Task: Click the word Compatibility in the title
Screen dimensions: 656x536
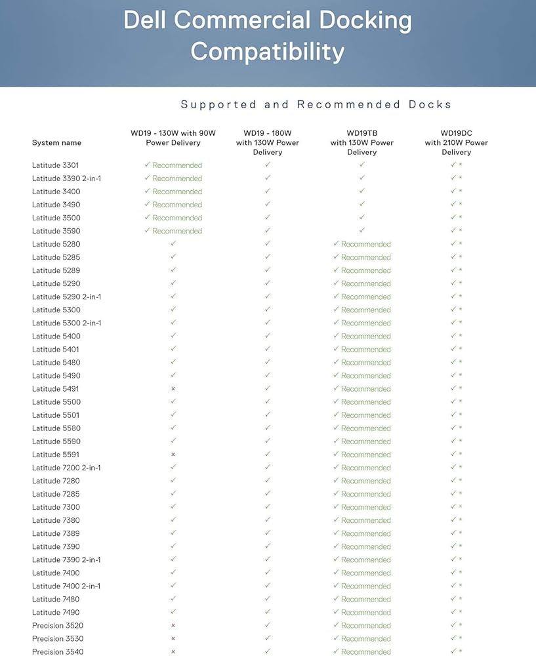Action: [268, 51]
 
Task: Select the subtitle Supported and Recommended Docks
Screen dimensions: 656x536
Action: [316, 104]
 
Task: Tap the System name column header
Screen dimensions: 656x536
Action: [56, 142]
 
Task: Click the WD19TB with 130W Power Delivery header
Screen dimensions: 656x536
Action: [362, 142]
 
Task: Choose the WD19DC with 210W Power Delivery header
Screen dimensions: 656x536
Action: [457, 142]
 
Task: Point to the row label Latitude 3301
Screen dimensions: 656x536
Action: [56, 165]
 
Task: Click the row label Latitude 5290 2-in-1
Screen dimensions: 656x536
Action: [66, 297]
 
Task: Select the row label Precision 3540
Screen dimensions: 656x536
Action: [58, 651]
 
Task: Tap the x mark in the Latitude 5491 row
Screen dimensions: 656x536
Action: [173, 389]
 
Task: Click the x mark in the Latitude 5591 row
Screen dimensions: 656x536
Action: [173, 455]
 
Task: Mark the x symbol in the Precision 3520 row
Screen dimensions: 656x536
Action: [173, 625]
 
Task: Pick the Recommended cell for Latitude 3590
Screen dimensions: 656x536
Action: [173, 231]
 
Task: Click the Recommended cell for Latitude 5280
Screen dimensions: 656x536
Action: [362, 244]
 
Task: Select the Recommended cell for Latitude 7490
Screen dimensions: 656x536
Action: [362, 612]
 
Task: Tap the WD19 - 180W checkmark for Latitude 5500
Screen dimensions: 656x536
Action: [268, 401]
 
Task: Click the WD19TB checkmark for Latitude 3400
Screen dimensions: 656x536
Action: [362, 191]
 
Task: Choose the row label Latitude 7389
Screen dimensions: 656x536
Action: [56, 533]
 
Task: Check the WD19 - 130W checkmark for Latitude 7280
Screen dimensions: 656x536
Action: [173, 480]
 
